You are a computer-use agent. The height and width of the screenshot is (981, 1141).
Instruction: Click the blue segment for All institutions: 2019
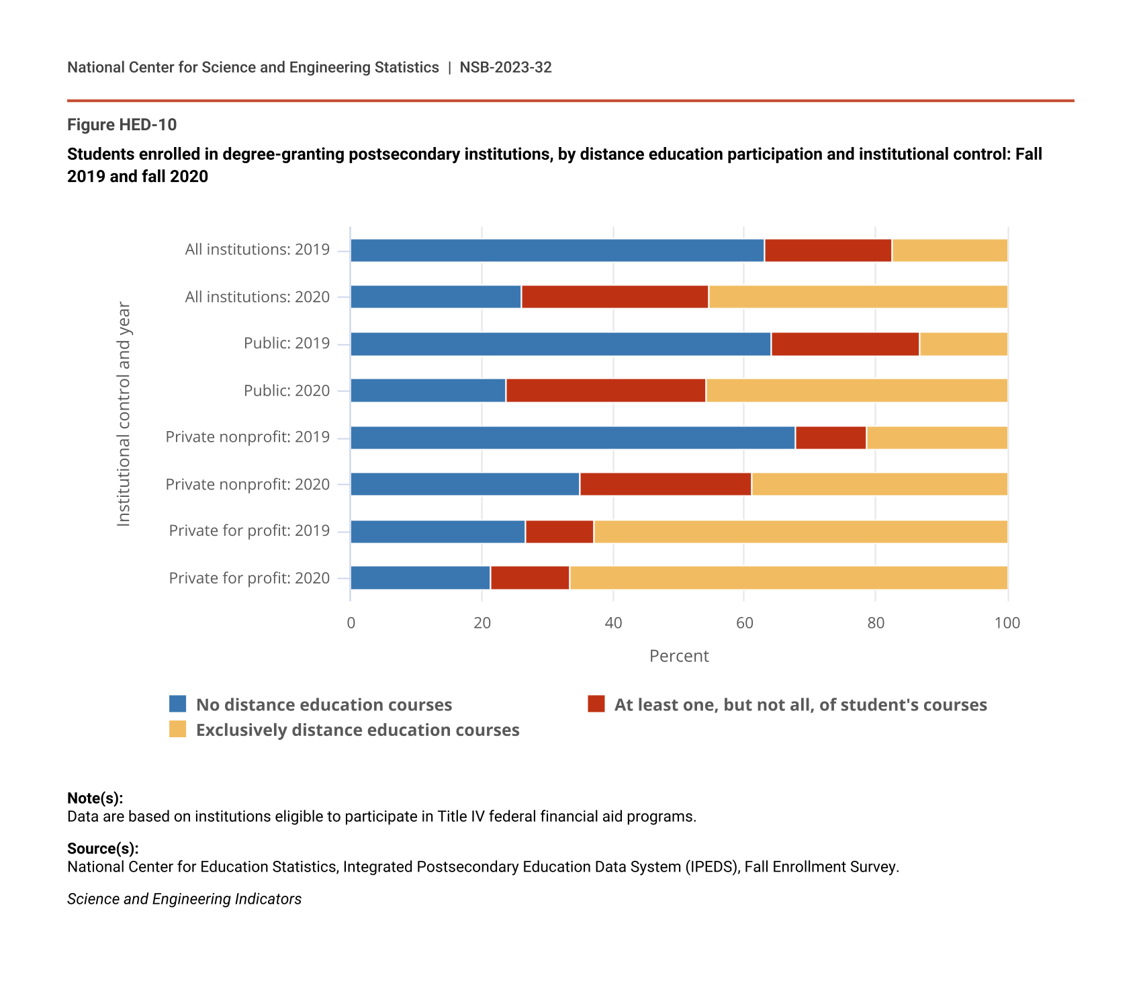point(557,250)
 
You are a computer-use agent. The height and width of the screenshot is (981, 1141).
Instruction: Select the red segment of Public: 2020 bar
point(606,391)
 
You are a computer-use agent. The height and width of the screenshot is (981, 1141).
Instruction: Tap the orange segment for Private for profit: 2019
point(801,532)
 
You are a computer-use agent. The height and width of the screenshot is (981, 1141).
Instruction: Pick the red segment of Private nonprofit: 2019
point(831,438)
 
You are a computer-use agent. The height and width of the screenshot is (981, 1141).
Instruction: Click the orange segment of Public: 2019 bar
point(964,344)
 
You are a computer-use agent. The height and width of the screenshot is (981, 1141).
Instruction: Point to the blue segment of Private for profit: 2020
point(420,578)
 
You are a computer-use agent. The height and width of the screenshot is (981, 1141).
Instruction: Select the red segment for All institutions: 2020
point(614,297)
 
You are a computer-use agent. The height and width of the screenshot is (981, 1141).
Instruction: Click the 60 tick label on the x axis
point(744,623)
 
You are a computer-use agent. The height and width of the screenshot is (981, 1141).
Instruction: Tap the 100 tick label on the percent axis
point(1007,623)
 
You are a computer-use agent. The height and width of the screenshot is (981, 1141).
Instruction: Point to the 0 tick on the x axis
point(351,623)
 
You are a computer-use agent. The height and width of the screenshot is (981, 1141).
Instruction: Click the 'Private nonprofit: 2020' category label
point(248,484)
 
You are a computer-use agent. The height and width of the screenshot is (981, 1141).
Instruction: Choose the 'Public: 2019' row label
point(287,344)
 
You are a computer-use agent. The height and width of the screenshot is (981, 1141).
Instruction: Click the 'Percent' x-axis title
point(679,656)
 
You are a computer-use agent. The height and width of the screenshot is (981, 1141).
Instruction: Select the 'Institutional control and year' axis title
point(124,414)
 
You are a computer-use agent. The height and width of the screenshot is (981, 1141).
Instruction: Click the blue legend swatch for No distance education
point(178,704)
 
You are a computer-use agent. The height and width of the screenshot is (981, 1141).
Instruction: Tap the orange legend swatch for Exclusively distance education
point(178,729)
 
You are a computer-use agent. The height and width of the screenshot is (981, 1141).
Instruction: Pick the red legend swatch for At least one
point(596,704)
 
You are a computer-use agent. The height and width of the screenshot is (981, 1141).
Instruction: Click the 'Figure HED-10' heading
point(122,125)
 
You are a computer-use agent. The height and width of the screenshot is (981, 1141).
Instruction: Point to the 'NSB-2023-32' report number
point(506,67)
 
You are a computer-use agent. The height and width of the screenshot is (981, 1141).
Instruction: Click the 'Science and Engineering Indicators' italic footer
point(184,899)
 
